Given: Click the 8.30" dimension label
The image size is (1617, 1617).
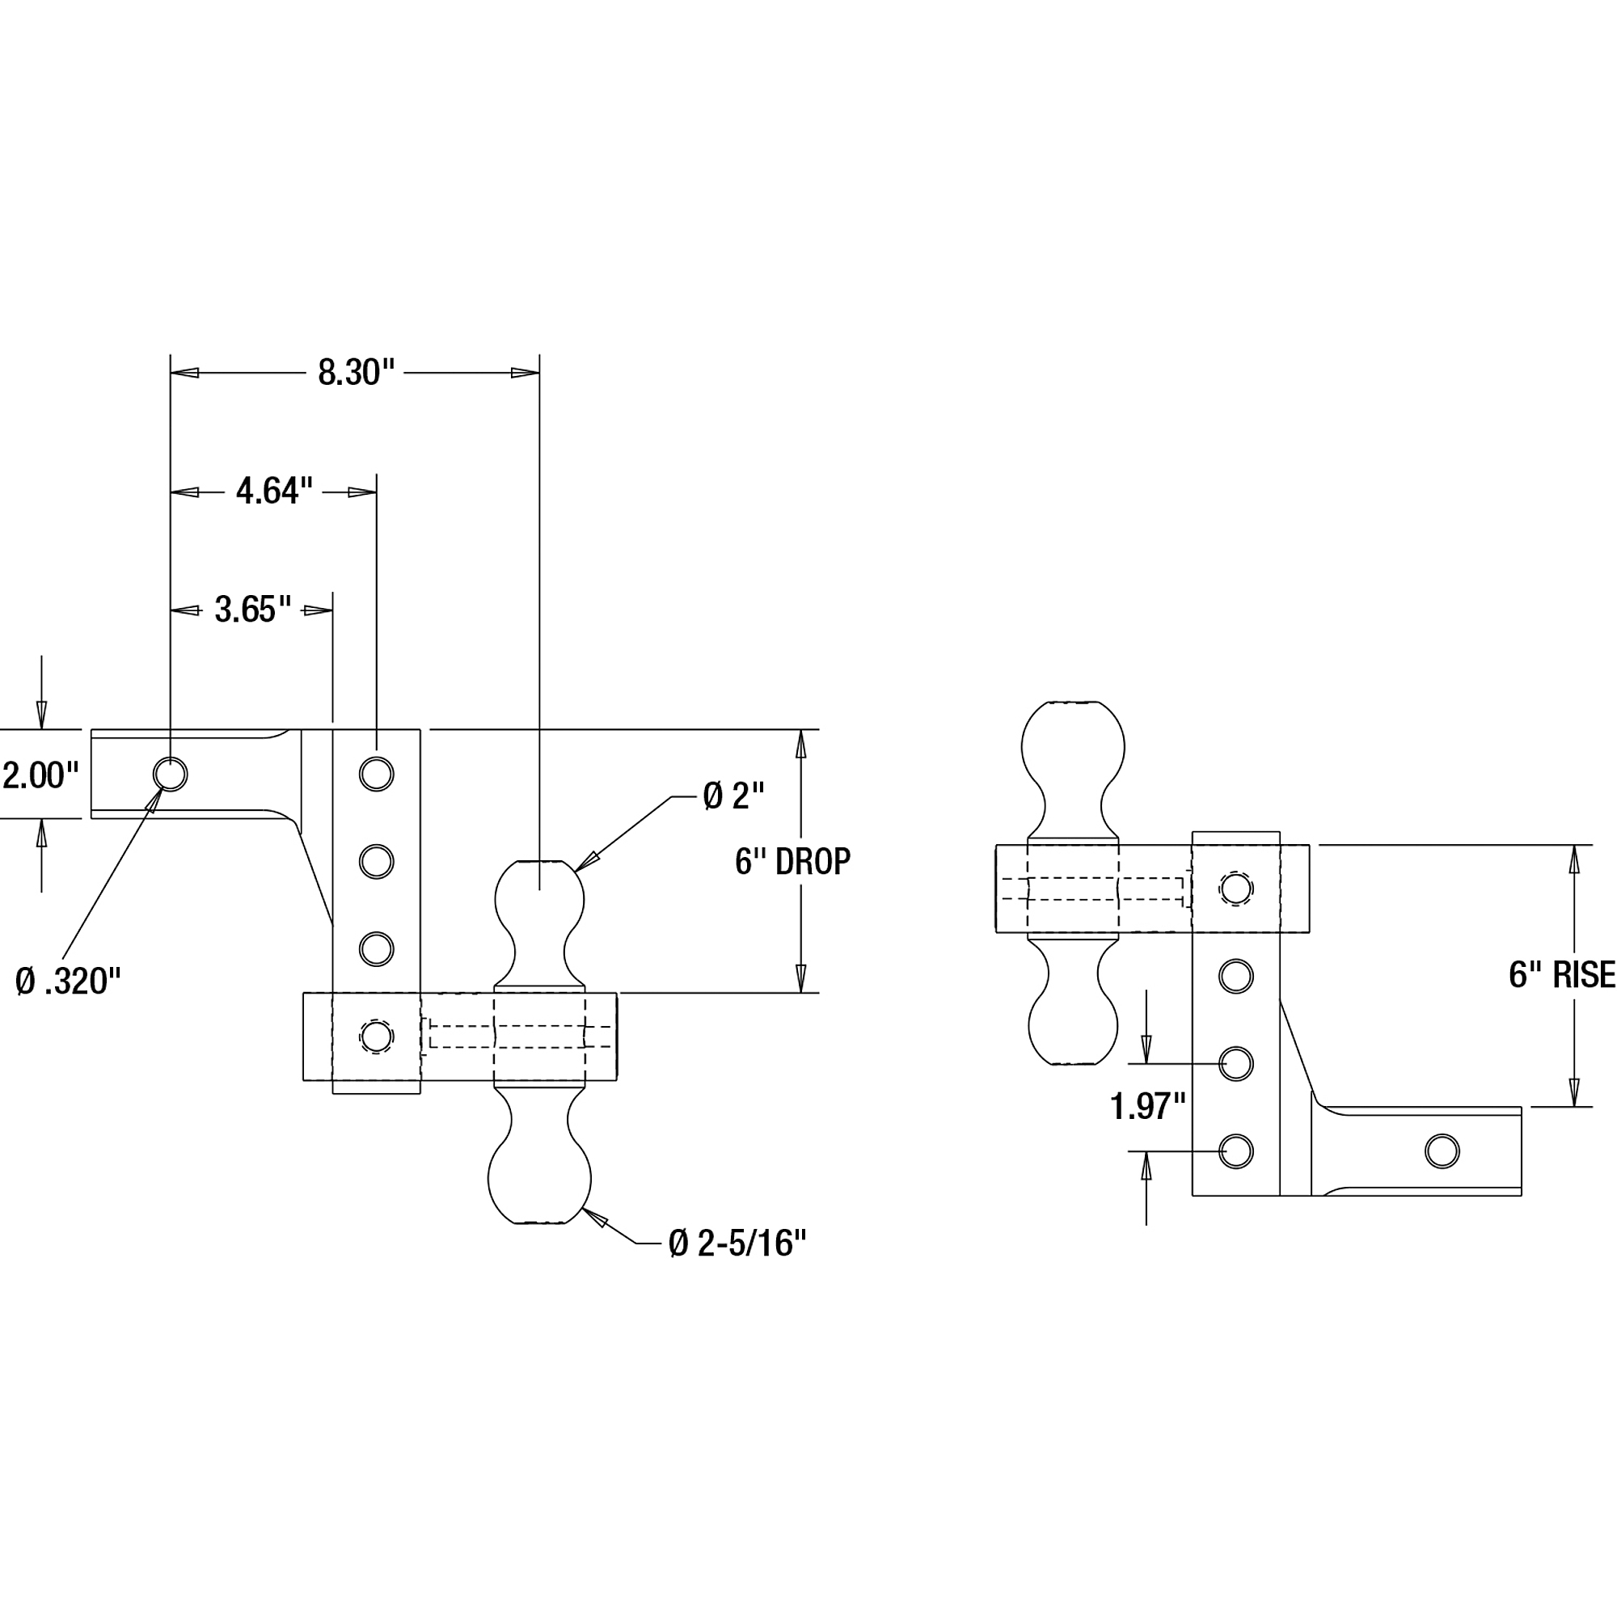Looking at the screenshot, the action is point(356,373).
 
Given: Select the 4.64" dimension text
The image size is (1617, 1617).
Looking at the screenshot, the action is point(274,492).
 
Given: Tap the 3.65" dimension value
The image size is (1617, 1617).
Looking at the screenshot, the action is point(253,610).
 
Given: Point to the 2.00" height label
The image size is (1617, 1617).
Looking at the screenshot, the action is point(40,776).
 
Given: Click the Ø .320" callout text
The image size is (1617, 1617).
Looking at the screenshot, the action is point(69,981).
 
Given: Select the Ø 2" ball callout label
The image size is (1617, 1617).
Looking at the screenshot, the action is point(734,796).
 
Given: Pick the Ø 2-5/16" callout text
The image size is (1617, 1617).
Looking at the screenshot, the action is point(737,1243).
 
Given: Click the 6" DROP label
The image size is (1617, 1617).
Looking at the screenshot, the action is point(792,861).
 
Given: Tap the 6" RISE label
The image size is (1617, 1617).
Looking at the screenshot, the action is point(1562,975).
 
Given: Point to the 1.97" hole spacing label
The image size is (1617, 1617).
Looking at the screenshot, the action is point(1148,1107).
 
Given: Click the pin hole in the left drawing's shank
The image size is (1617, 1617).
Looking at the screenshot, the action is point(170,775).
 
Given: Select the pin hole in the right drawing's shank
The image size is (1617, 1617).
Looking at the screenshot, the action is point(1442,1151).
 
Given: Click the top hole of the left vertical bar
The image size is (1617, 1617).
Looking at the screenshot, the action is point(377,775).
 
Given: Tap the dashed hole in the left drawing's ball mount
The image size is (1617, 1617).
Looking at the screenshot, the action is point(377,1037).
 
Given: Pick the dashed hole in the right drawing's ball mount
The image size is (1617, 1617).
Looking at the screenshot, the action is point(1236,888).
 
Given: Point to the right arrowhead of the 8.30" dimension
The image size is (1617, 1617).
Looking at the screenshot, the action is point(525,373).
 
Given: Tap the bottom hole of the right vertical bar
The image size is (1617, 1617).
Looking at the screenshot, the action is point(1236,1151).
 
